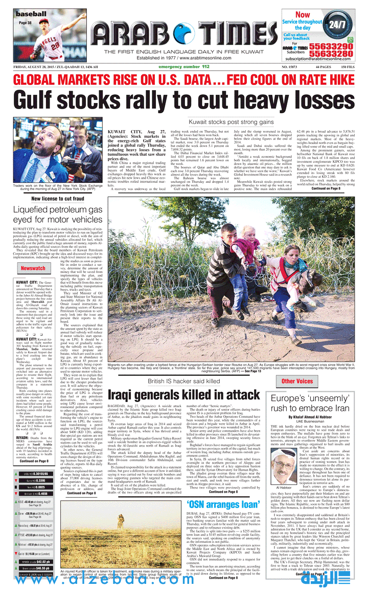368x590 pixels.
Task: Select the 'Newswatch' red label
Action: click(33, 268)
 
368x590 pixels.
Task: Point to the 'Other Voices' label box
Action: click(297, 381)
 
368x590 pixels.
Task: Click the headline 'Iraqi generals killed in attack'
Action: click(177, 394)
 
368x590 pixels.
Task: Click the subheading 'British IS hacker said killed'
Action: click(183, 381)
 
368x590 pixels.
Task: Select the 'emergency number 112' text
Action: click(184, 67)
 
